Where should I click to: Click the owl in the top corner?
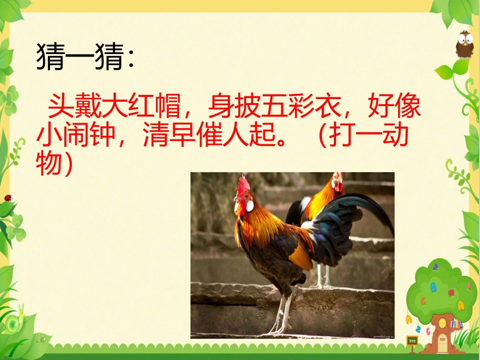[x=464, y=44]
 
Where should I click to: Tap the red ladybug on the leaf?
[x=8, y=197]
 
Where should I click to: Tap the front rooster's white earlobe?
[x=249, y=205]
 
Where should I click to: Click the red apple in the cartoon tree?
[x=451, y=292]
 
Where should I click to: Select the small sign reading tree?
[x=412, y=341]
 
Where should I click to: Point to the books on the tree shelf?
[x=457, y=323]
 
